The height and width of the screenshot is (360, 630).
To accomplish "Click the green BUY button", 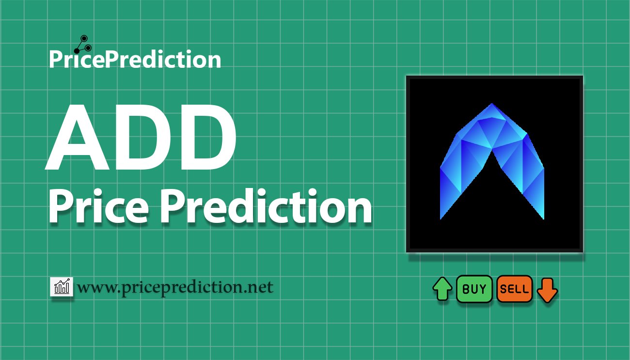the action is pos(474,289).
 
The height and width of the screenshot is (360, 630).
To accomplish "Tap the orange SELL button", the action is pos(515,289).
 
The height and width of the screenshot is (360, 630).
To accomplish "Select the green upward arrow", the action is pos(442,289).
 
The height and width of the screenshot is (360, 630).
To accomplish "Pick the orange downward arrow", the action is pos(547,290).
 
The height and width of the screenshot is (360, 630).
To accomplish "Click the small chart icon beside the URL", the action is pos(62,286).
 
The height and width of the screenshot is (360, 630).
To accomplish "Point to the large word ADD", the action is pos(141,137).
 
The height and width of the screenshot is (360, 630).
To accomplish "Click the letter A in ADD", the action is pos(77,137).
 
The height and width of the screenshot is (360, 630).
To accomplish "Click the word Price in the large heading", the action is pos(98,206).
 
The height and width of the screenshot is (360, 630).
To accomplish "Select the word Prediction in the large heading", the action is pos(266,206).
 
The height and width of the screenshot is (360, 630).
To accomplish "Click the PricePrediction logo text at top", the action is pos(135,59).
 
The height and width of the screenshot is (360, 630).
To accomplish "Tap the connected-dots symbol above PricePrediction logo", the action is pos(83,45).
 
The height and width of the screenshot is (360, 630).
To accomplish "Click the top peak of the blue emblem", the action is pos(492,104).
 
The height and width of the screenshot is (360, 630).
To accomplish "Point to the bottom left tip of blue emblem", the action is pos(441,219).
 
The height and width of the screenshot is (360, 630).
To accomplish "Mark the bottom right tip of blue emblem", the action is pos(543,219).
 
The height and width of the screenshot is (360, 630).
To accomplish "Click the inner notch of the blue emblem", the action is pos(492,150).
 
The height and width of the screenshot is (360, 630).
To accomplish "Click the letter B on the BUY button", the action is pos(466,289).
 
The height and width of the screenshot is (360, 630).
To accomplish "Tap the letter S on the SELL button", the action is pos(504,289).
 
